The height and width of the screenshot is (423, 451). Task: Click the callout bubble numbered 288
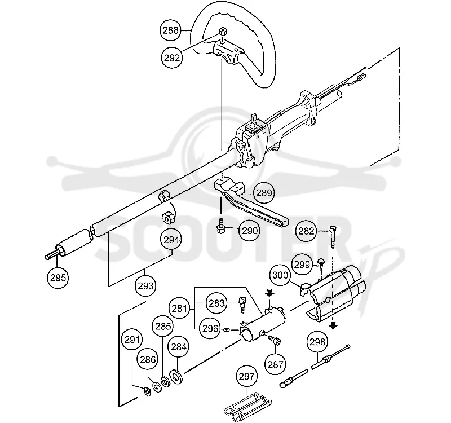[171, 30]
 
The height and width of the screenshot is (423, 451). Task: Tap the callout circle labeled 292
[172, 58]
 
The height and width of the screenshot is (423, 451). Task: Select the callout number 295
[58, 278]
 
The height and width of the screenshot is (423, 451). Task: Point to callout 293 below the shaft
[146, 286]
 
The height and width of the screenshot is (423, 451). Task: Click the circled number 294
[171, 240]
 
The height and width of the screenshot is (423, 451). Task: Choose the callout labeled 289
[264, 193]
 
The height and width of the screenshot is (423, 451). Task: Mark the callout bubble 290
[249, 231]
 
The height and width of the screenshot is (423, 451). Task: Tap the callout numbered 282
[306, 231]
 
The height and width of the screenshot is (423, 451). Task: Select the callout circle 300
[280, 275]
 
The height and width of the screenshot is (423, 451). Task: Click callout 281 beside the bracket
[179, 308]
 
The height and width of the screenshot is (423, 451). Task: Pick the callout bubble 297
[246, 376]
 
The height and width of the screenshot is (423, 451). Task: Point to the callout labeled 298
[317, 342]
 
